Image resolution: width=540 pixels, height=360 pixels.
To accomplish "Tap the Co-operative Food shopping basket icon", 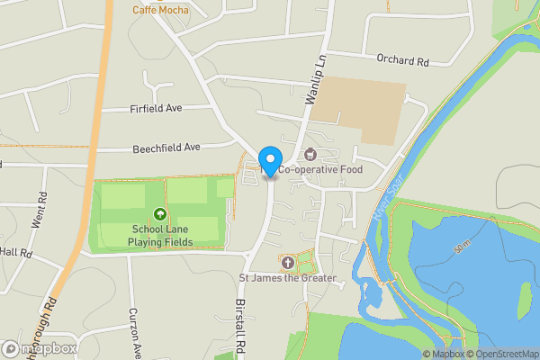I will click(310, 154).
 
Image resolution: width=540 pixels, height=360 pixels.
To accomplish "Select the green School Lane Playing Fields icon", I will click(160, 214).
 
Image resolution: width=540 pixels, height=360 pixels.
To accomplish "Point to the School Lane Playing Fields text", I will click(160, 235).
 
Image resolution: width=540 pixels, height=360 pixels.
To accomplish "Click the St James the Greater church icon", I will click(287, 263).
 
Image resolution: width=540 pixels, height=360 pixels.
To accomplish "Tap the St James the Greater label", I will click(287, 278).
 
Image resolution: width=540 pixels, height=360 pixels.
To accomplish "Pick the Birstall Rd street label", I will click(241, 324).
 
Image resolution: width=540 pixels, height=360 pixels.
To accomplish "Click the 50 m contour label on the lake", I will click(462, 246).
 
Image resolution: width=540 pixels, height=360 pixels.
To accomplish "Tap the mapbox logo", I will click(40, 348).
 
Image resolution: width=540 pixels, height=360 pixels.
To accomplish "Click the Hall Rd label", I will click(16, 253).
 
